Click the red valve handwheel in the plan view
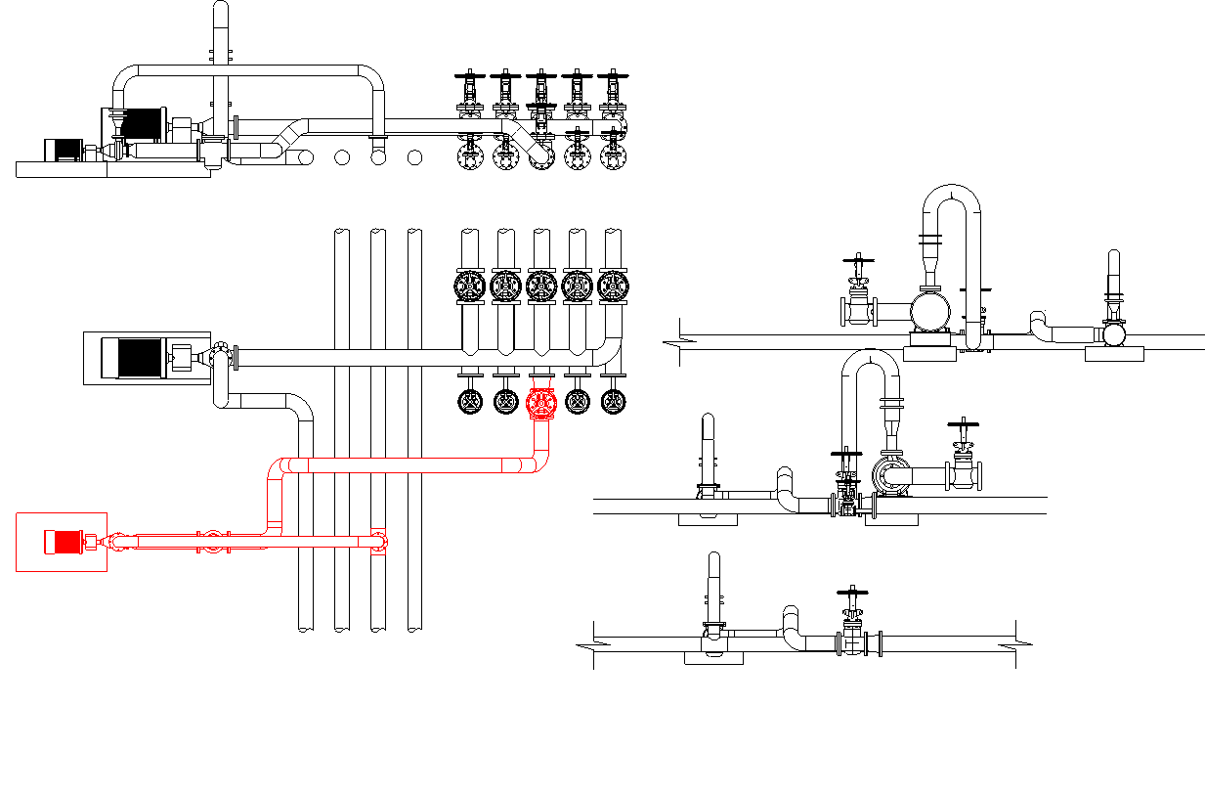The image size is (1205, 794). point(540,403)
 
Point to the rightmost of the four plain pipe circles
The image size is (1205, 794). point(414,156)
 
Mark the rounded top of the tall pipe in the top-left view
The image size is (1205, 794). point(221,8)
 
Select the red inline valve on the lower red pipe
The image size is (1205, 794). point(212,542)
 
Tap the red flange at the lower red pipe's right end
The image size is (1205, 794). point(379,541)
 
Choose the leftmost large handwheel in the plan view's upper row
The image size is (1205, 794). point(469,286)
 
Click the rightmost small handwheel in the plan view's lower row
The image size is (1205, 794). point(613,401)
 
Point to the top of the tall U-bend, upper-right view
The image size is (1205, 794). point(951,191)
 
